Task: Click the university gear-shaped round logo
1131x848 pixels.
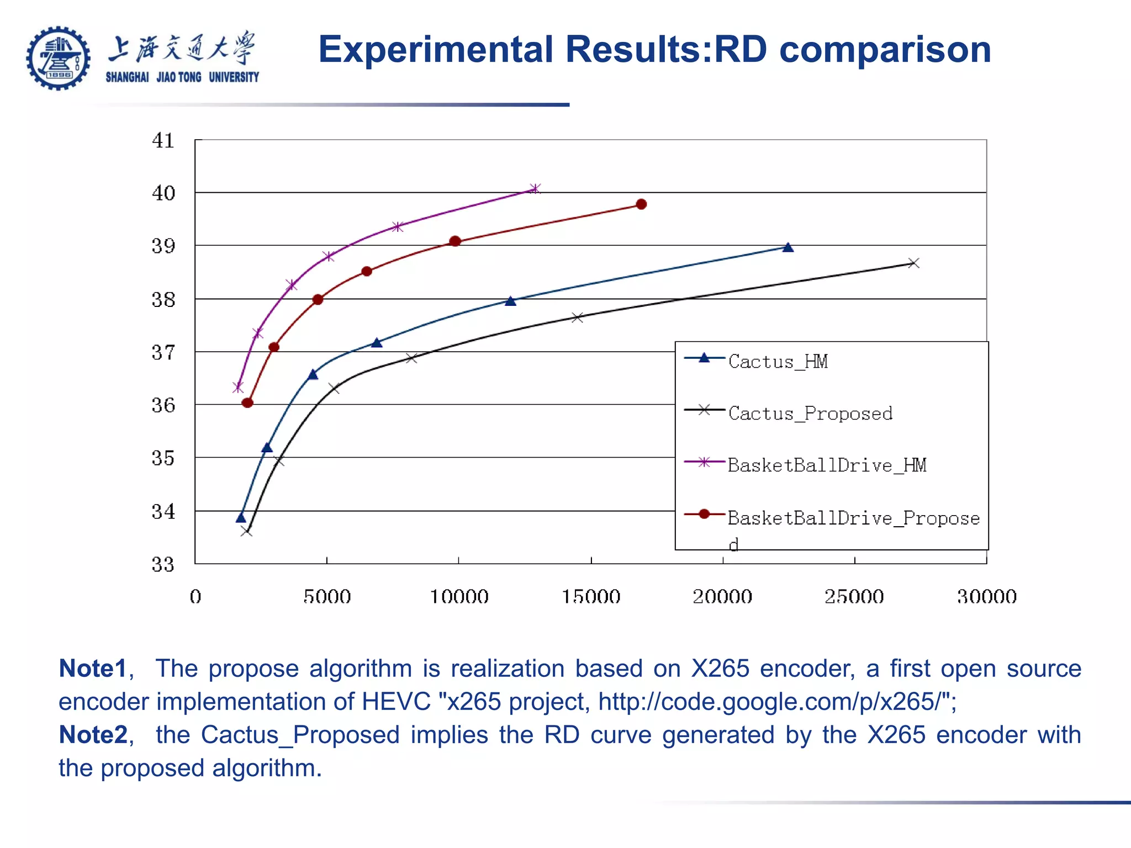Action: tap(58, 58)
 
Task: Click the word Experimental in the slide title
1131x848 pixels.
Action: tap(436, 50)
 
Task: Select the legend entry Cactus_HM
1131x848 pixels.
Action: tap(777, 362)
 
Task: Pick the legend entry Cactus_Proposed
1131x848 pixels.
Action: tap(810, 414)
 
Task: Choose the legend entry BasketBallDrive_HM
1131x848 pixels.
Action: tap(826, 465)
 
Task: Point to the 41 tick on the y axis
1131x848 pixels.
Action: tap(163, 141)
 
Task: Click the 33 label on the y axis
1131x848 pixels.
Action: tap(163, 565)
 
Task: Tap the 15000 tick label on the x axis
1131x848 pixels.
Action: tap(591, 597)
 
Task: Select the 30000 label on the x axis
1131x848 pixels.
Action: tap(986, 597)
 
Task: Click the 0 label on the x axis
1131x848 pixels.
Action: tap(195, 597)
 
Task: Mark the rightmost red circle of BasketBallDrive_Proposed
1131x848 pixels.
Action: tap(641, 204)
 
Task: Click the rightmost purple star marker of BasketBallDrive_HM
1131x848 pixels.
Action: tap(535, 189)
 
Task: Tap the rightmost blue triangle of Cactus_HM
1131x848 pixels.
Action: tap(788, 247)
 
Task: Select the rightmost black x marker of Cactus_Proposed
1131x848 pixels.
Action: tap(913, 263)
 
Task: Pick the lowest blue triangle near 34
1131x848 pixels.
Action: tap(241, 518)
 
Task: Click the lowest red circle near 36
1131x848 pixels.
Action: tap(247, 403)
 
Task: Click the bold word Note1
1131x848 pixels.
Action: tap(93, 669)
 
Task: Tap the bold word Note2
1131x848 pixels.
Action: tap(93, 735)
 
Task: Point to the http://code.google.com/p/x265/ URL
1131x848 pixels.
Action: tap(773, 702)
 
